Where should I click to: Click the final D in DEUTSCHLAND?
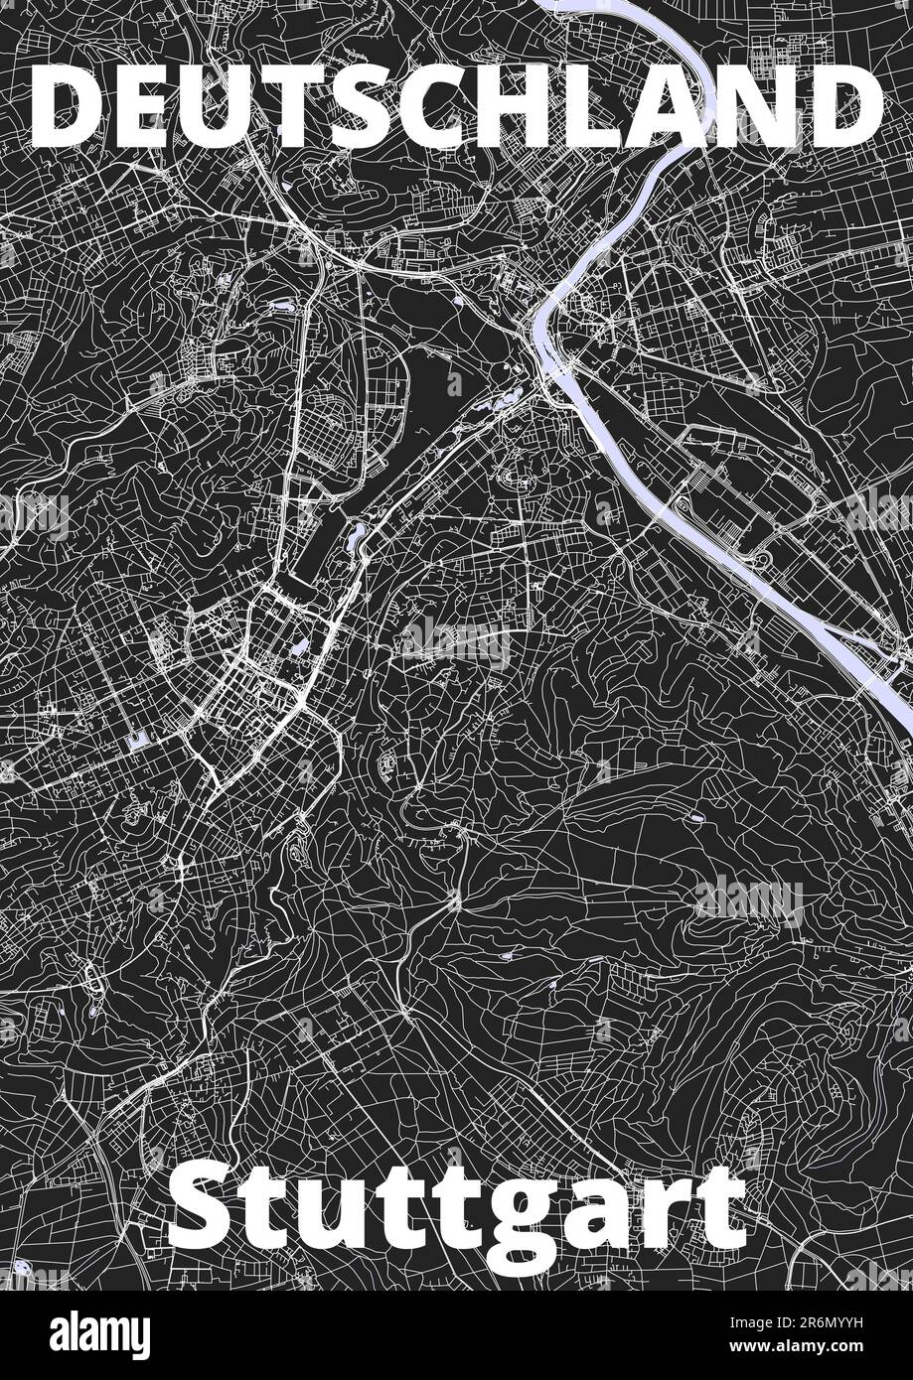pyautogui.click(x=843, y=104)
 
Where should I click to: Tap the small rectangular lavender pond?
pyautogui.click(x=137, y=740)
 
